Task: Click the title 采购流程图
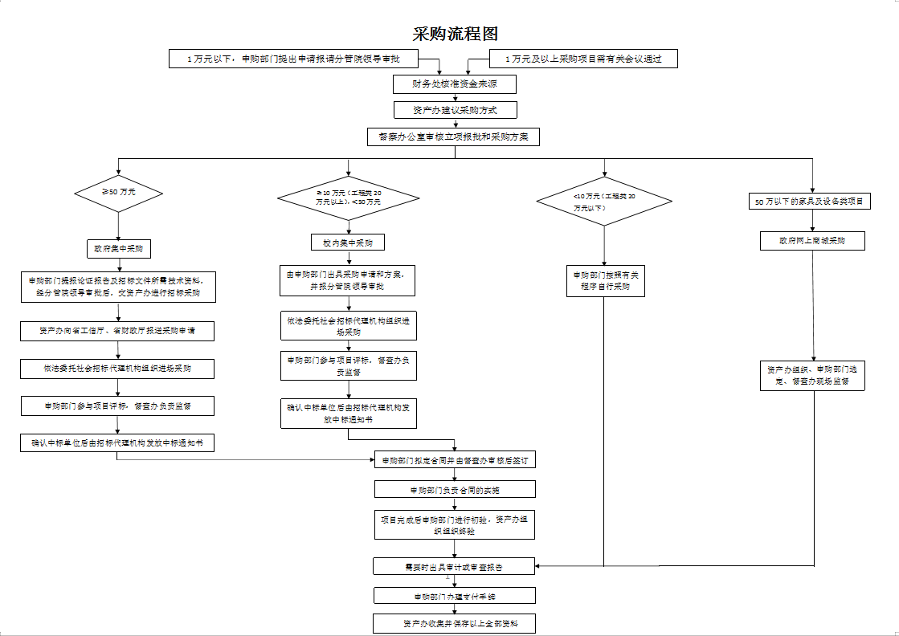tap(455, 34)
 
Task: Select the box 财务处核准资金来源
tap(454, 84)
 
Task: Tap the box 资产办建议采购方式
tap(454, 110)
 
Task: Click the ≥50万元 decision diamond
tap(118, 193)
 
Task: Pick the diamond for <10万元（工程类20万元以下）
tap(604, 201)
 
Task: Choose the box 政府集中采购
tap(119, 248)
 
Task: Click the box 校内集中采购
tap(347, 242)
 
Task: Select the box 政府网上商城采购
tap(812, 241)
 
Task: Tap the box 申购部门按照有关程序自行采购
tap(605, 280)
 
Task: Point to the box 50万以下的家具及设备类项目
tap(810, 202)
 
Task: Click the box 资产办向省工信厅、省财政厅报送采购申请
tap(118, 331)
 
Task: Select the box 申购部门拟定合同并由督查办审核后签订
tap(455, 460)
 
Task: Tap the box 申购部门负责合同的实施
tap(455, 489)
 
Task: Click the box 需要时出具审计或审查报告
tap(454, 567)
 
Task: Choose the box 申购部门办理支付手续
tap(455, 596)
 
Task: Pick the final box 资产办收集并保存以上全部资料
tap(455, 622)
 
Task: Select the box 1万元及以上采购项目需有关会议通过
tap(583, 59)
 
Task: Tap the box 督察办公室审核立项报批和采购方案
tap(454, 137)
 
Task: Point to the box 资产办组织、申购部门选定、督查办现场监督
tap(812, 375)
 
